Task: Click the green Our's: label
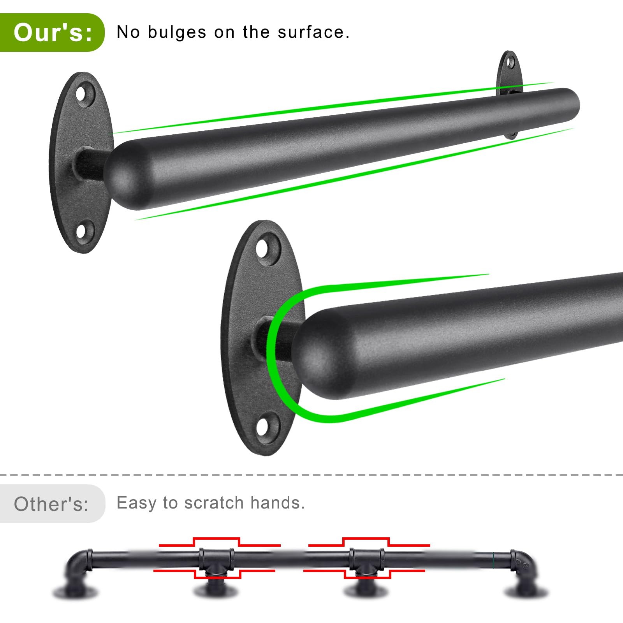pos(52,32)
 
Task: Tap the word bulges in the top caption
pos(177,33)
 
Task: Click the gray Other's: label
pos(51,504)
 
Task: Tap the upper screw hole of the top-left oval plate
pos(82,93)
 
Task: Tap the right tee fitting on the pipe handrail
pos(366,561)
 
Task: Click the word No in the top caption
pos(128,32)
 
